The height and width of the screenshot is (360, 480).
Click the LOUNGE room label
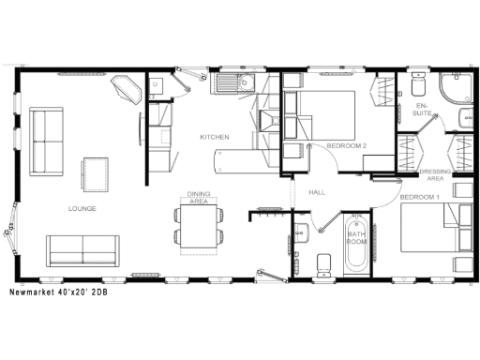click(82, 208)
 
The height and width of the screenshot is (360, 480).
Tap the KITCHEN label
click(214, 138)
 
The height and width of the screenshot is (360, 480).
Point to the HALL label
click(316, 192)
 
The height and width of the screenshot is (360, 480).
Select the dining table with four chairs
click(198, 228)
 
